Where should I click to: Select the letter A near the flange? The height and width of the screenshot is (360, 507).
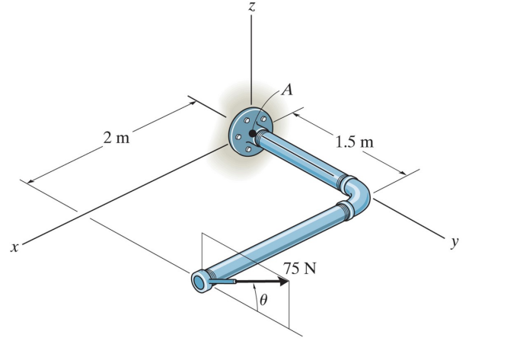[x=288, y=88]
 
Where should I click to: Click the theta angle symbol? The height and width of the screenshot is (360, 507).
[x=263, y=300]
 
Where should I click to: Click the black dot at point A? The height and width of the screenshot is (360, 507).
[x=252, y=133]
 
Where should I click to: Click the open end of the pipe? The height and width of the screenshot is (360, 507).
[x=199, y=282]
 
